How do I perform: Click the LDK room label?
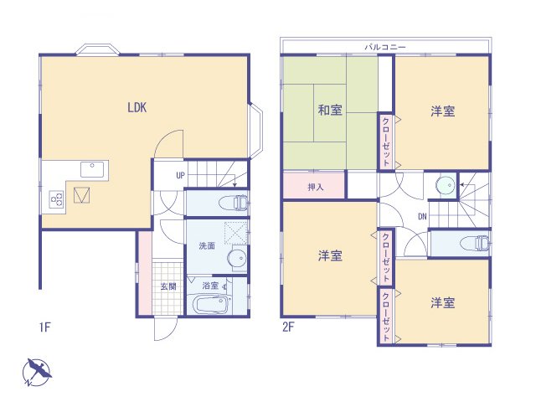[x=139, y=108]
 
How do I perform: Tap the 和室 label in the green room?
[x=329, y=111]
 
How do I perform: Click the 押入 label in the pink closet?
[x=316, y=187]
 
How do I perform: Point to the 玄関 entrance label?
[x=168, y=286]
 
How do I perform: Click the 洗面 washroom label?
[x=208, y=247]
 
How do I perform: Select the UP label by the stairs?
[x=180, y=176]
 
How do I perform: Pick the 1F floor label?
[x=45, y=327]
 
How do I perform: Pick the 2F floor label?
[x=287, y=327]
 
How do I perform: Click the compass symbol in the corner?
[x=36, y=371]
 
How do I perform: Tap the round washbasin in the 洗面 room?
[x=237, y=258]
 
